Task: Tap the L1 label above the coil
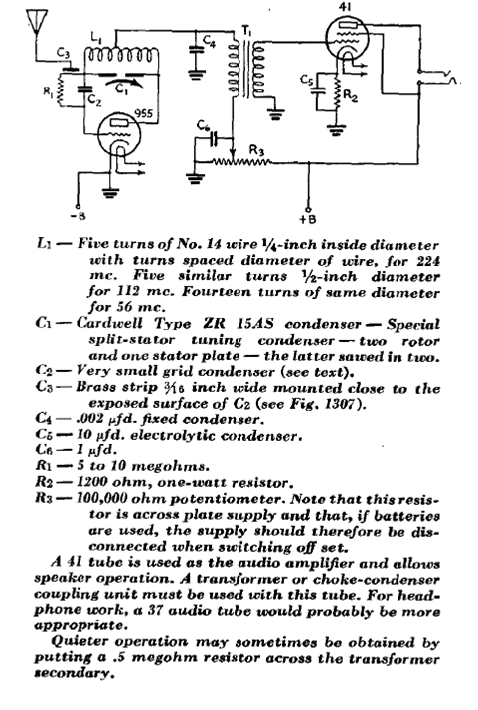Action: coord(96,40)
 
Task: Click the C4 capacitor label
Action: coord(209,41)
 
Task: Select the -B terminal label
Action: coord(78,216)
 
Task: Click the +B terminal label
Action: coord(308,219)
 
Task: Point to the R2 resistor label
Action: coord(351,95)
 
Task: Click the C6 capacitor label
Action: coord(204,125)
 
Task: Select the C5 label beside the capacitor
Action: coord(306,80)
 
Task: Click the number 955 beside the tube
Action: coord(144,112)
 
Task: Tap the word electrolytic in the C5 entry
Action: coord(173,436)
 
